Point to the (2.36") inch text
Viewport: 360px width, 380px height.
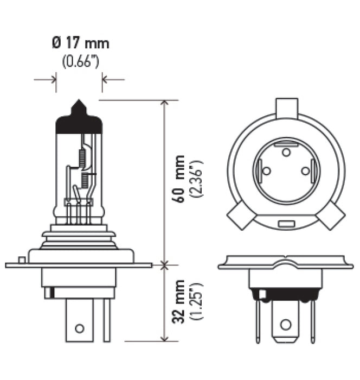tap(197, 180)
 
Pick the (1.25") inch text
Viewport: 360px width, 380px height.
tap(197, 302)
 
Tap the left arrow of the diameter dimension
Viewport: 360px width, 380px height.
tap(46, 80)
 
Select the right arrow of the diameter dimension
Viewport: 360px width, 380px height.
tap(113, 80)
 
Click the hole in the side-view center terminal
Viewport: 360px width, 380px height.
tap(80, 328)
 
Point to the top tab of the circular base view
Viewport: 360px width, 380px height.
tap(286, 108)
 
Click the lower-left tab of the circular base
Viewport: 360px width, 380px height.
tap(240, 217)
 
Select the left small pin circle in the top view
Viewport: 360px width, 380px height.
tap(266, 171)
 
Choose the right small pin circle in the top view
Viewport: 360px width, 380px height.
tap(305, 171)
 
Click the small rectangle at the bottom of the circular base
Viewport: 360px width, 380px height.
tap(286, 224)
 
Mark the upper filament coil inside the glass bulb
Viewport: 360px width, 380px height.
tap(82, 157)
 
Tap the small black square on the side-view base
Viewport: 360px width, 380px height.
tap(48, 294)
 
